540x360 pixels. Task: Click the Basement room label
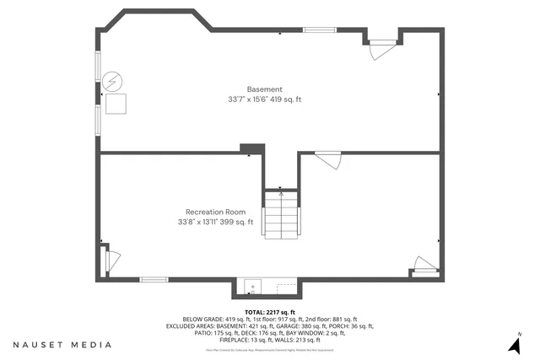tap(264, 89)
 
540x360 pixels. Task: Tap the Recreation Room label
tap(215, 212)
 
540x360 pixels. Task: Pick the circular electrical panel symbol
tap(111, 82)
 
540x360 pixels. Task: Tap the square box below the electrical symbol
tap(115, 103)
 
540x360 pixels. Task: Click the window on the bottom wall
tap(154, 279)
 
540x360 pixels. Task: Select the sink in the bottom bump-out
tap(251, 288)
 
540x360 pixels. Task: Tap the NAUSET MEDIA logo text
tap(62, 345)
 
